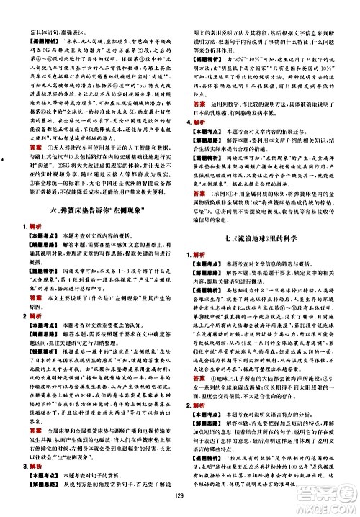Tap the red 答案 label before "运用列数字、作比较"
201,83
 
